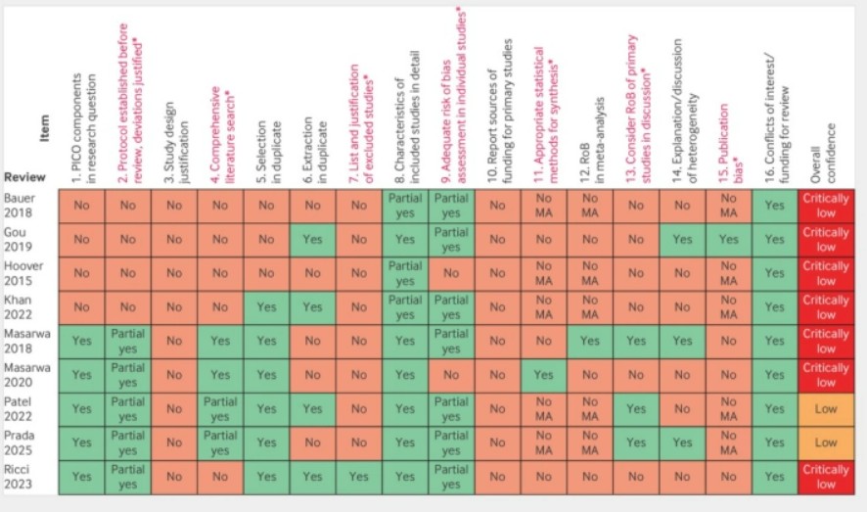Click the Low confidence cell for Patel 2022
pyautogui.click(x=826, y=408)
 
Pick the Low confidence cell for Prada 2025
pyautogui.click(x=826, y=442)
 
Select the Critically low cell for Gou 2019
pyautogui.click(x=826, y=240)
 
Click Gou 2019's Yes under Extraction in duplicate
pyautogui.click(x=312, y=239)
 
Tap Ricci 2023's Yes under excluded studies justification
pyautogui.click(x=358, y=476)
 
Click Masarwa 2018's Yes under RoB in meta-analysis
pyautogui.click(x=590, y=341)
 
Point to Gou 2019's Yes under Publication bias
pyautogui.click(x=729, y=239)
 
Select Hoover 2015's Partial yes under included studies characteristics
pyautogui.click(x=404, y=273)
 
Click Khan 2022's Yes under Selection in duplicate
pyautogui.click(x=266, y=307)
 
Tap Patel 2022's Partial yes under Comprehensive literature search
pyautogui.click(x=220, y=408)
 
